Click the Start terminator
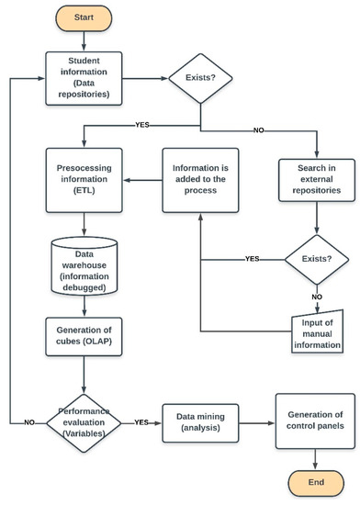click(84, 17)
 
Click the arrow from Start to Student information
click(84, 39)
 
